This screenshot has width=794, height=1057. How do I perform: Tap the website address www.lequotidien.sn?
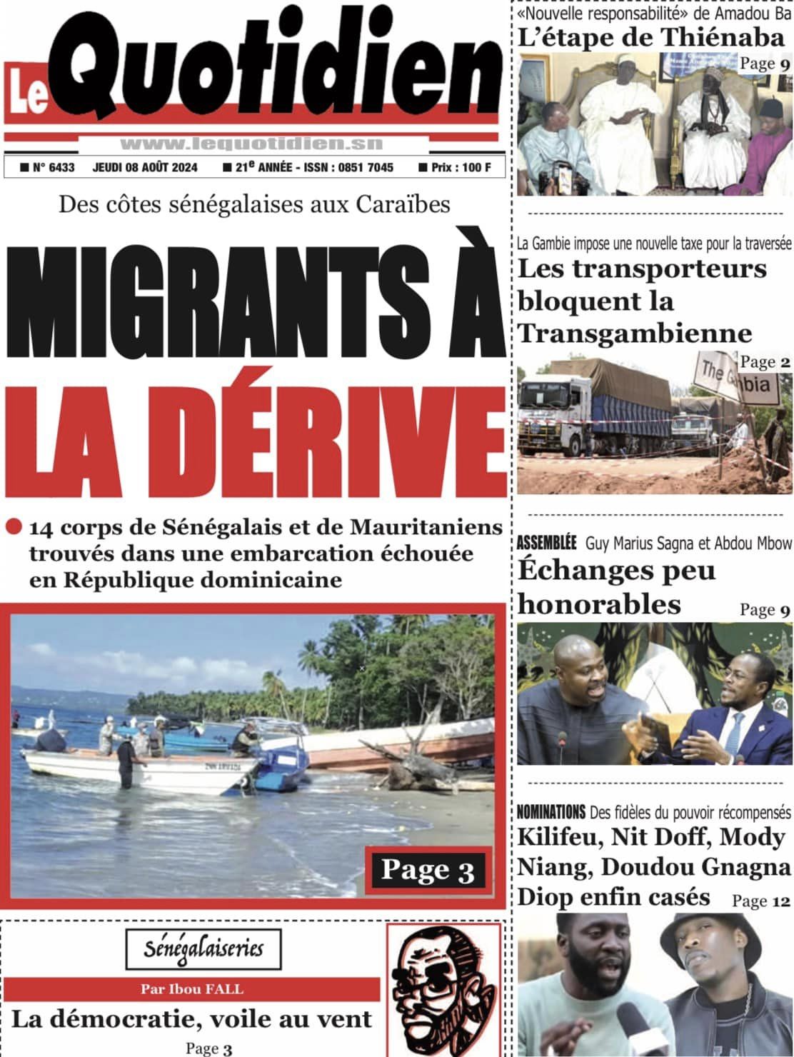coord(251,144)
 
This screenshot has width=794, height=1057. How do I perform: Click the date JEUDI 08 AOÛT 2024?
coord(145,168)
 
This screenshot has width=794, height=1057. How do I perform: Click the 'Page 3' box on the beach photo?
coord(427,869)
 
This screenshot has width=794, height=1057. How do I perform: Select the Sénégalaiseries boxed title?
coord(203,948)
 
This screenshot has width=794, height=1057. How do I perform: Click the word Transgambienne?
coord(635,334)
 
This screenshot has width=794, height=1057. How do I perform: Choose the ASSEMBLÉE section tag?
coord(546,543)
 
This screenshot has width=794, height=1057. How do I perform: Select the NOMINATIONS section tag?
coord(551,812)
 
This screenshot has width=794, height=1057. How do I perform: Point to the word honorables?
coord(600,604)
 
